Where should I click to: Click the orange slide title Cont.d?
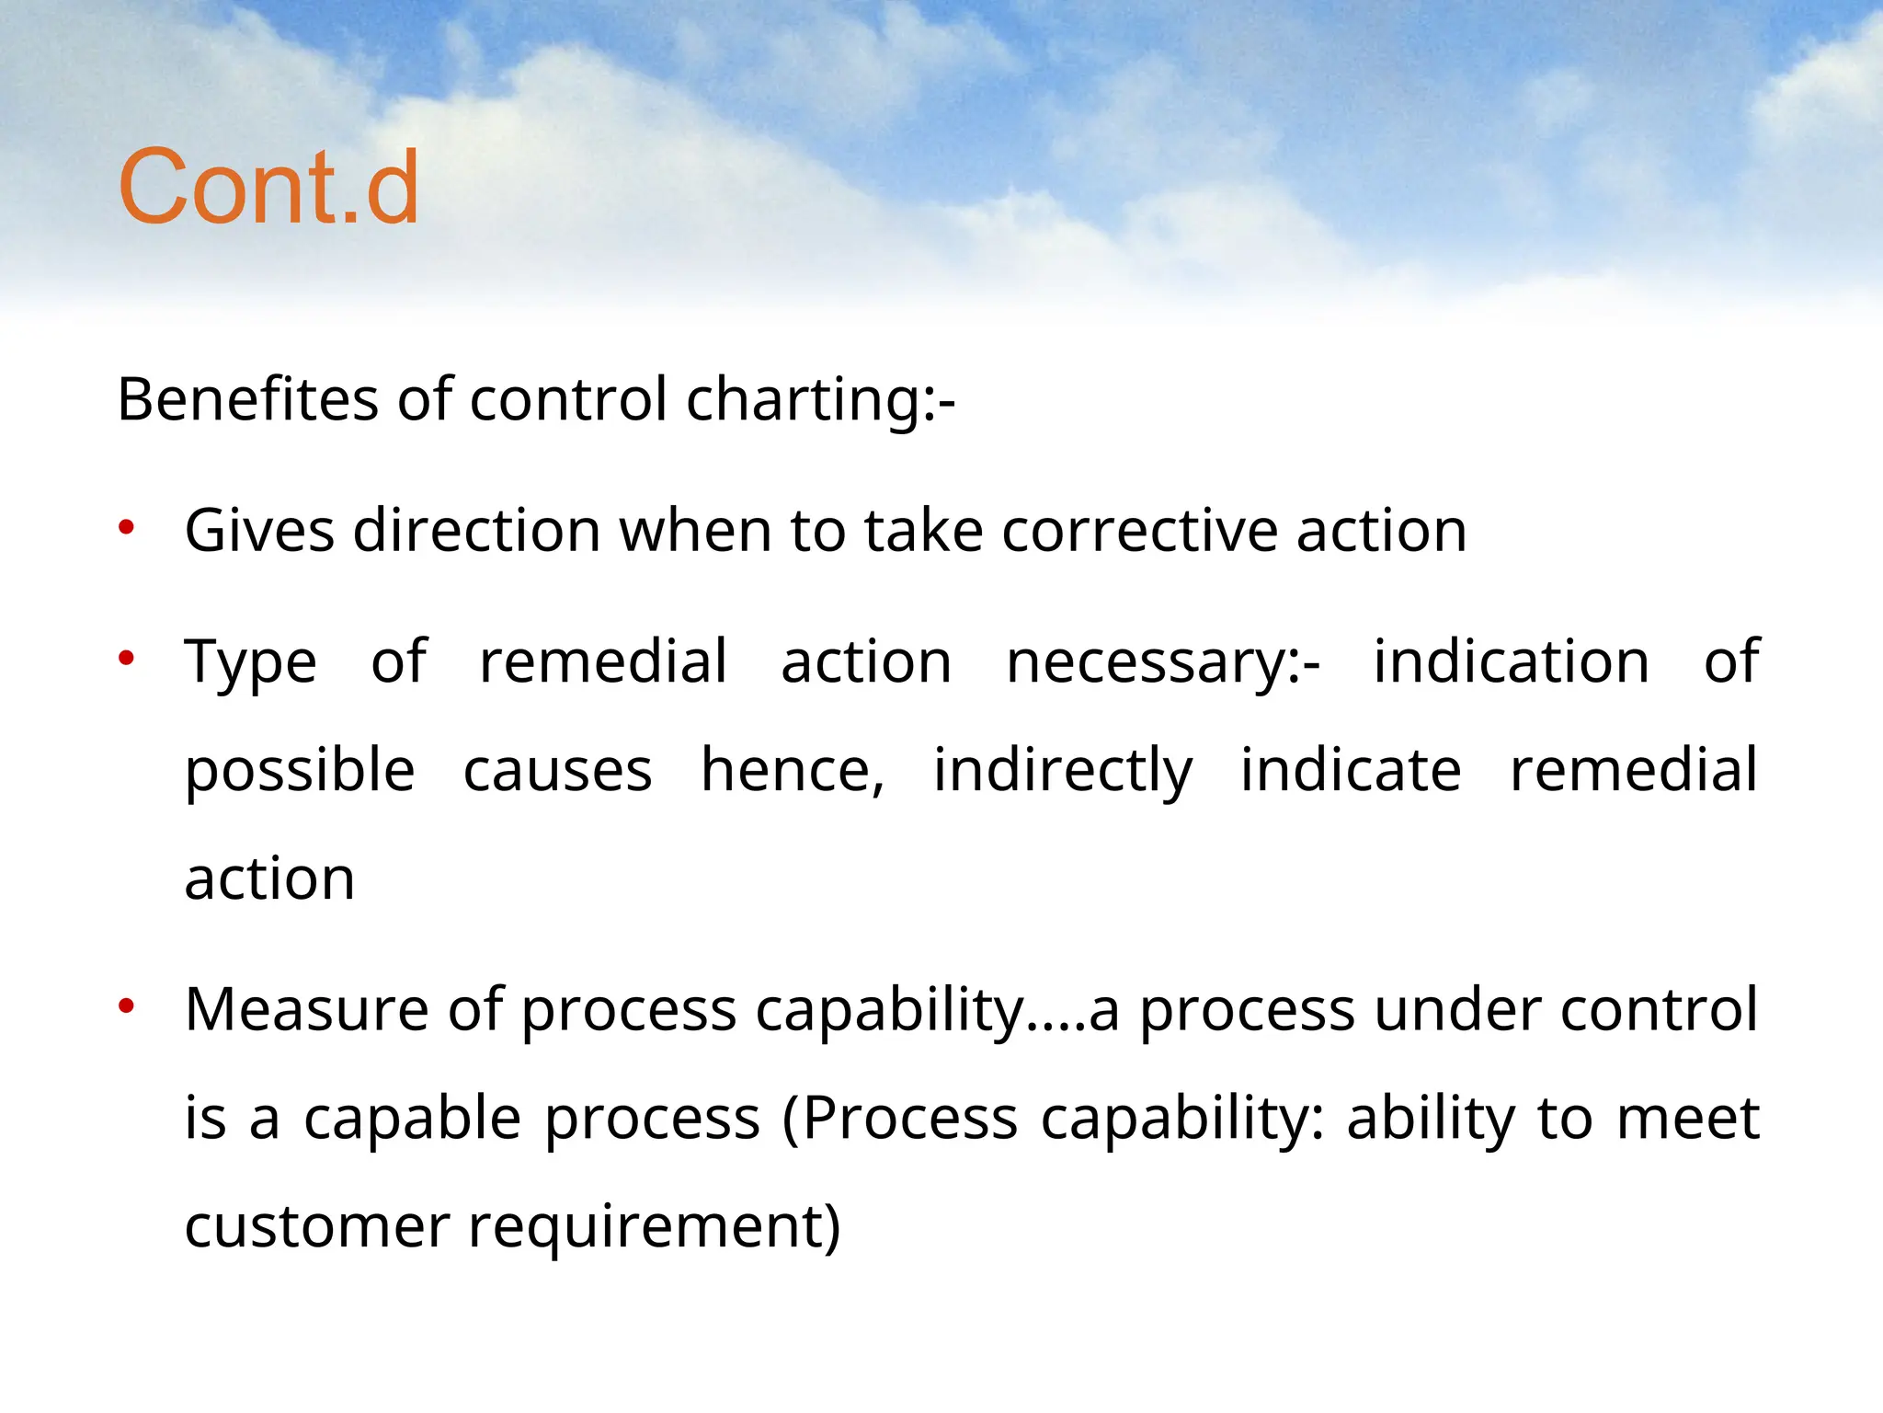point(268,188)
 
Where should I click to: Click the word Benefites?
point(247,400)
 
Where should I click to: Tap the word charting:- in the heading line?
point(820,402)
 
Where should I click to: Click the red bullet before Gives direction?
point(127,528)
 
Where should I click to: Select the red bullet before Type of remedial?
point(127,658)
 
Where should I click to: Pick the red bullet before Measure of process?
point(127,1006)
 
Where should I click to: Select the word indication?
point(1511,661)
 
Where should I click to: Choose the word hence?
point(793,770)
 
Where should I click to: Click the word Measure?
point(306,1009)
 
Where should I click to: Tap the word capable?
point(413,1120)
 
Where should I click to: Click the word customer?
point(317,1227)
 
